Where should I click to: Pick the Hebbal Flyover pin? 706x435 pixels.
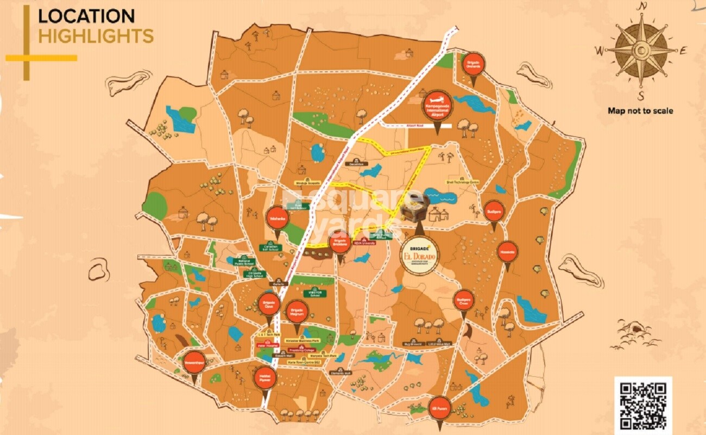coord(264,378)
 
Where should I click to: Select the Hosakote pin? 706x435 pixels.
coord(507,251)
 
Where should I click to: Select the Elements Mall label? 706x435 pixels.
coord(341,373)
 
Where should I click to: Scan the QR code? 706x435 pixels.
coord(643,405)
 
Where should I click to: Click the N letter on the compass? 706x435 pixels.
coord(642,7)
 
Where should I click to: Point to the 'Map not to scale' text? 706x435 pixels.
coord(640,111)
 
